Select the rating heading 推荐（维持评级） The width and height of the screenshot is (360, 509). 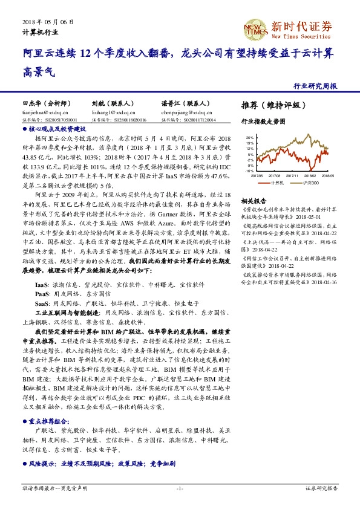click(270, 105)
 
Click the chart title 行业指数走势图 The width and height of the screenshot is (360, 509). click(262, 122)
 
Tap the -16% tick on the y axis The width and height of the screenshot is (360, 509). click(249, 171)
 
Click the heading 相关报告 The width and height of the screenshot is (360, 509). click(253, 200)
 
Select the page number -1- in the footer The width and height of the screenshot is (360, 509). click(179, 487)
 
